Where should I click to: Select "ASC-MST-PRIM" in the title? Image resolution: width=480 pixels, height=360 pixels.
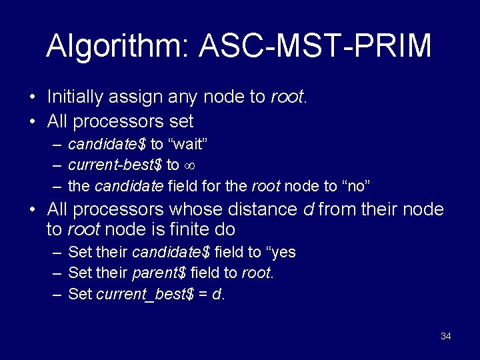tap(315, 46)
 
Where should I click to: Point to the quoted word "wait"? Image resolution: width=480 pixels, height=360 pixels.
tap(198, 144)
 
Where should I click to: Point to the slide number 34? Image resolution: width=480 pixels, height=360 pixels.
tap(446, 336)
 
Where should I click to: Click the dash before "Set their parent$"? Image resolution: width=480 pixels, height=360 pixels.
tap(57, 273)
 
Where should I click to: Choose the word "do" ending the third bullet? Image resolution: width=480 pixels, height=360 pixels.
tap(226, 230)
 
